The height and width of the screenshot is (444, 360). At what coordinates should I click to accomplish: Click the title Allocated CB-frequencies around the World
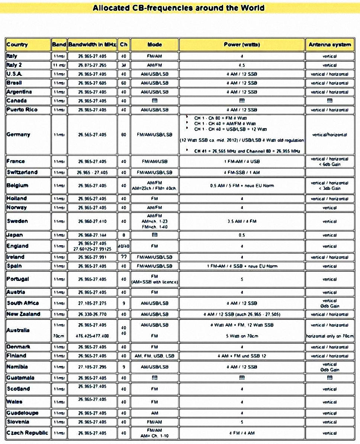(x=179, y=8)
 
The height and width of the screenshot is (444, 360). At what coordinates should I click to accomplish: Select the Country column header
(x=17, y=45)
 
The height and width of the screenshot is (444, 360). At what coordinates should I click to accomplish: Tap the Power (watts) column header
(x=242, y=45)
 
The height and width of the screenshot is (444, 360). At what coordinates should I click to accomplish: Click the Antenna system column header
(x=330, y=45)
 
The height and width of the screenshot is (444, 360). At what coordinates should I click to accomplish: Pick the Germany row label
(x=18, y=135)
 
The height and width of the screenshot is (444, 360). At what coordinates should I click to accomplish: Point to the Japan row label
(x=15, y=235)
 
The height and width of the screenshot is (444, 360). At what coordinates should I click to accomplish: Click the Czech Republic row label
(x=27, y=433)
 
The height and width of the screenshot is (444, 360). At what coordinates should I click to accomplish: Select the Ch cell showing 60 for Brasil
(x=123, y=83)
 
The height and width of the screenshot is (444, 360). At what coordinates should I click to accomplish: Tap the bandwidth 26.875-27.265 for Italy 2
(x=92, y=65)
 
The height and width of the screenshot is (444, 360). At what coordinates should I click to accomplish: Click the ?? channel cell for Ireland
(x=123, y=257)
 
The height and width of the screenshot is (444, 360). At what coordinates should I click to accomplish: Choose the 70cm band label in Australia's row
(x=58, y=336)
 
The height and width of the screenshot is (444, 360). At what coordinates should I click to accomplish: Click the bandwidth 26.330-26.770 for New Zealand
(x=92, y=314)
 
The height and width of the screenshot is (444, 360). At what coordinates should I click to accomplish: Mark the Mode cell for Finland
(x=155, y=356)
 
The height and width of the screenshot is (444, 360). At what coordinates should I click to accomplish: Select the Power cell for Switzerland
(x=242, y=172)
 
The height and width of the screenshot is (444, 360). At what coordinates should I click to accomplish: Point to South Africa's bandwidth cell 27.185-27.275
(x=92, y=303)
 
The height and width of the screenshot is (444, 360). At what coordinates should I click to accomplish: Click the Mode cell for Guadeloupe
(x=155, y=413)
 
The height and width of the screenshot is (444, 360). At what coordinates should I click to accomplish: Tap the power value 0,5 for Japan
(x=242, y=235)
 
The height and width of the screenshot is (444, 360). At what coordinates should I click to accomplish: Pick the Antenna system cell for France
(x=330, y=162)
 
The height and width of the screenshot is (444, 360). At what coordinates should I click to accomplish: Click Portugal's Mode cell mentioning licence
(x=155, y=279)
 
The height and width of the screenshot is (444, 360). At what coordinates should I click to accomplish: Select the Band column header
(x=59, y=45)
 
